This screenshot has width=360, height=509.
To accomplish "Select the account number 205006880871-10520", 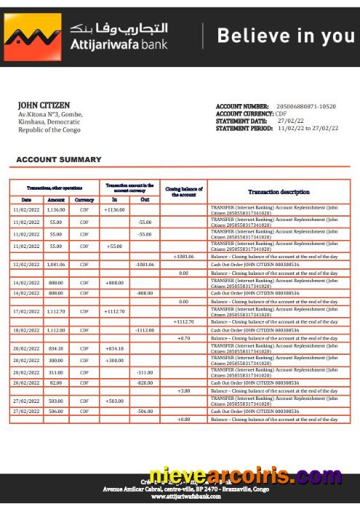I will click(307, 107).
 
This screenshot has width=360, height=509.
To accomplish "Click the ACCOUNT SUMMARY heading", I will click(59, 159).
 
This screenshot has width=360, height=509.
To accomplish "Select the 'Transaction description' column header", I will click(279, 192).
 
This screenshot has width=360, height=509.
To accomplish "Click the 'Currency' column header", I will click(84, 199).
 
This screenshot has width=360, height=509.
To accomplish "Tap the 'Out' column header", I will click(145, 199).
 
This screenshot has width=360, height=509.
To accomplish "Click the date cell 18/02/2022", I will click(26, 330).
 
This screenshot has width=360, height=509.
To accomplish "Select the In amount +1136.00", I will click(114, 209).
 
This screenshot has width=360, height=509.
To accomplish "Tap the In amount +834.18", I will click(114, 348).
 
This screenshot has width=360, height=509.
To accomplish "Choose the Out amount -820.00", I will click(145, 382).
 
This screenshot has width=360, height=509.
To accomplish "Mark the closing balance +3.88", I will click(183, 390).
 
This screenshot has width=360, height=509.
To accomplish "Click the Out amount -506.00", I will click(145, 412).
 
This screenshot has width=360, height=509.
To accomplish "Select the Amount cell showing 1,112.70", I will click(56, 311).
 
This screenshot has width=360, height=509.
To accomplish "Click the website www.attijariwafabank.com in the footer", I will click(180, 497).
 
